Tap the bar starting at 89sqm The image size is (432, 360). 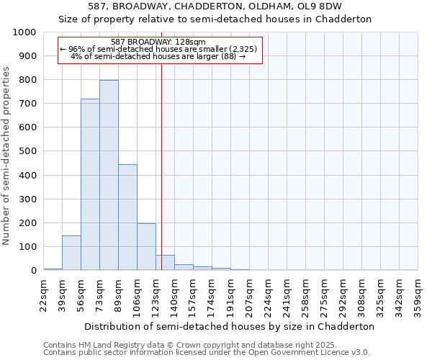coord(127,217)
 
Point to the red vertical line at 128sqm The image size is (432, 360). coord(161,166)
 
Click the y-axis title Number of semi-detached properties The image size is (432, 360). coord(7,156)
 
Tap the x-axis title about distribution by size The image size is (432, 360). coord(229,326)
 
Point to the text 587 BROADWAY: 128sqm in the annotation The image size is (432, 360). coord(159,42)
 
